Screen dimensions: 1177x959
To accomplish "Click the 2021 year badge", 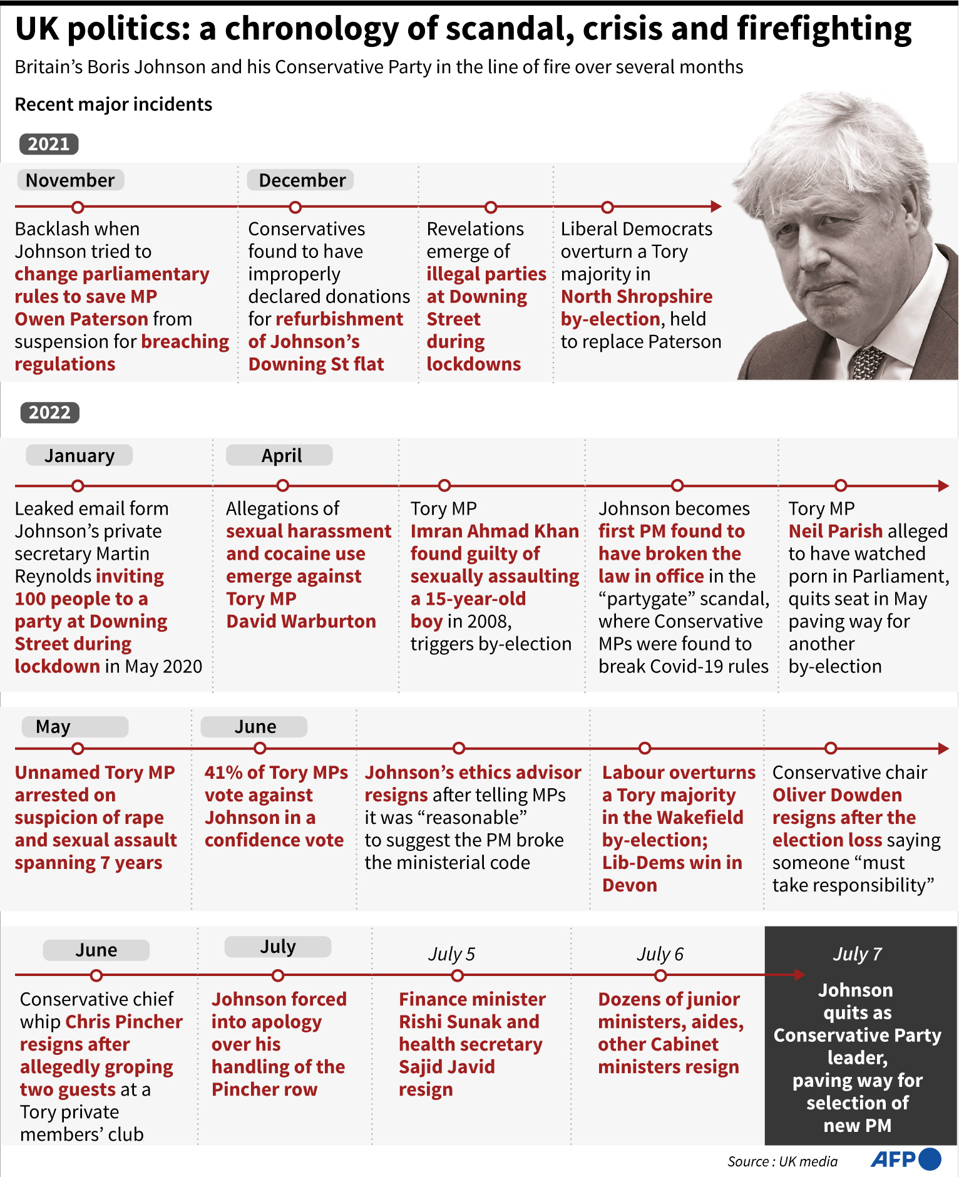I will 49,144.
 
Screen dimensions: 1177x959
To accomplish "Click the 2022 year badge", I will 49,413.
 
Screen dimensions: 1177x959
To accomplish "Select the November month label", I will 70,180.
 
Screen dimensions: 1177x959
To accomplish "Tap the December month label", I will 302,180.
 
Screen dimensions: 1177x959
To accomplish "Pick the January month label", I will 79,455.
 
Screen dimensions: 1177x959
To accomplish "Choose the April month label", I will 281,455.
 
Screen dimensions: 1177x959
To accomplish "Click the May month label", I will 54,727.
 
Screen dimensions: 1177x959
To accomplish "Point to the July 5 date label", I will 451,954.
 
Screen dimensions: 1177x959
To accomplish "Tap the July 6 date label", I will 660,954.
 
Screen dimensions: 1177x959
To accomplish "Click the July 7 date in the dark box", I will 857,954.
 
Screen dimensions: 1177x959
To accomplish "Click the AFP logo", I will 905,1159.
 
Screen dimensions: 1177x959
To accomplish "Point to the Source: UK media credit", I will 782,1162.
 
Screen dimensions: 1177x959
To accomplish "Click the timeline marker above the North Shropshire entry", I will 607,207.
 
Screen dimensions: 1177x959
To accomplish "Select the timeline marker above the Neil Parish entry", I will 841,485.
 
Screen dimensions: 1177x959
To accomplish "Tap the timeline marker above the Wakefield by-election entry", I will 645,748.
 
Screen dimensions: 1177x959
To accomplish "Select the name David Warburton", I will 301,621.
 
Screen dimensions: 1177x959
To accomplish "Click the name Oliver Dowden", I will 837,795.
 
